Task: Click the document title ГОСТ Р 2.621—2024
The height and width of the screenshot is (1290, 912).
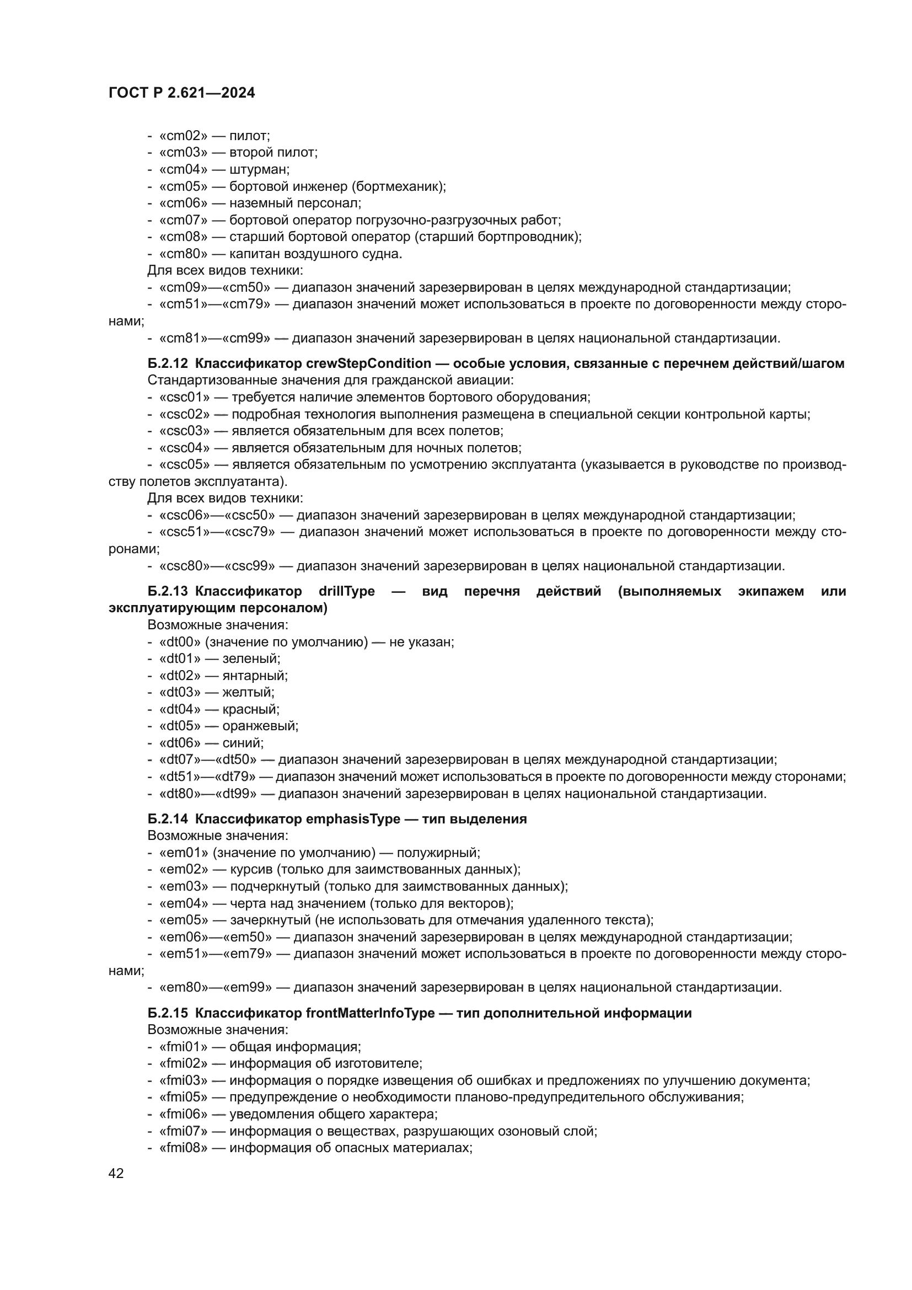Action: (181, 93)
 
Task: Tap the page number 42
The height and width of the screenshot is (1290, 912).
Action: (116, 1173)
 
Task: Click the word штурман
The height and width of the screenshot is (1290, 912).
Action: (260, 170)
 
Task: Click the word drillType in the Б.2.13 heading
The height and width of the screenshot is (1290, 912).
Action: (346, 592)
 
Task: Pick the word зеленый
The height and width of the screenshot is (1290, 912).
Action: (251, 659)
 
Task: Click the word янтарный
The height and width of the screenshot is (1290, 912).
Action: (254, 676)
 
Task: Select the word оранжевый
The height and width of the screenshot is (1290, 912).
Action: (260, 726)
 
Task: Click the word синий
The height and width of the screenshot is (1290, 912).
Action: (243, 743)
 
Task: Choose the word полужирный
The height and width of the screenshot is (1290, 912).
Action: (438, 853)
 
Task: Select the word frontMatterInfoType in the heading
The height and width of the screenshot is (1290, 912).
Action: (371, 1013)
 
